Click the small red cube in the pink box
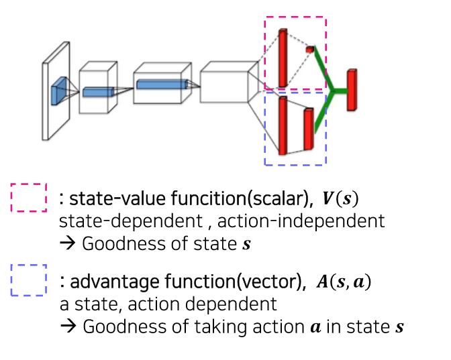[x=310, y=50]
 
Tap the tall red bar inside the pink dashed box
[x=283, y=58]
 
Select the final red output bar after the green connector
[x=352, y=90]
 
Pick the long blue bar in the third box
[x=162, y=84]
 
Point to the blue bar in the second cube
[x=99, y=92]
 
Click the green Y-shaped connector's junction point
[x=332, y=91]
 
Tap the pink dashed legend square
[x=29, y=198]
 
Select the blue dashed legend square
[x=29, y=280]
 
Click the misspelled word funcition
[x=209, y=198]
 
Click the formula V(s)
[x=340, y=198]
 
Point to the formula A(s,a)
[x=344, y=282]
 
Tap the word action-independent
[x=301, y=221]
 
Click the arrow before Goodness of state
[x=68, y=243]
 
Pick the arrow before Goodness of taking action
[x=68, y=326]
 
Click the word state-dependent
[x=131, y=221]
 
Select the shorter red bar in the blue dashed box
[x=309, y=129]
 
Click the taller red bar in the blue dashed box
[x=283, y=125]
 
